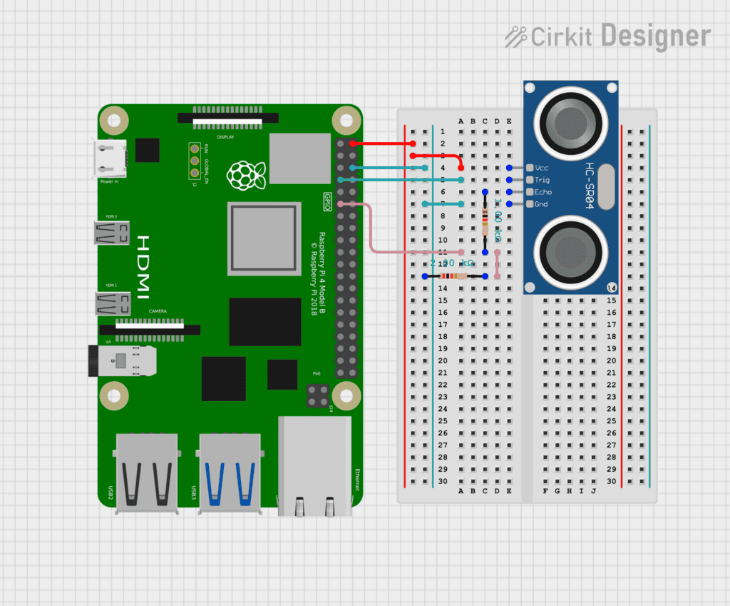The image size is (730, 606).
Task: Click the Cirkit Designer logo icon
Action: click(x=515, y=36)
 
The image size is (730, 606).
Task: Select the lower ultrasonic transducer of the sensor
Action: click(x=570, y=250)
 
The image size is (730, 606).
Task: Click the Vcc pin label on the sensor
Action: click(x=542, y=168)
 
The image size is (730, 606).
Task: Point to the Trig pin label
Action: click(x=542, y=180)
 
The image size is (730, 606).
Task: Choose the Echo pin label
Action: click(x=543, y=192)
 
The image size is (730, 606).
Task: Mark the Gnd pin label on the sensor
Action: click(x=542, y=204)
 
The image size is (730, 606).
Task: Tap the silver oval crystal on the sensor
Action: click(x=606, y=186)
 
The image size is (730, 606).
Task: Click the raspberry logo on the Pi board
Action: click(x=245, y=175)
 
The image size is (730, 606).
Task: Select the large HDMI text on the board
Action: click(x=143, y=267)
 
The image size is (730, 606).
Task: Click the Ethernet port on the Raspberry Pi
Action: click(x=314, y=464)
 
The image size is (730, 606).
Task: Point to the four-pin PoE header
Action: click(x=317, y=396)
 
